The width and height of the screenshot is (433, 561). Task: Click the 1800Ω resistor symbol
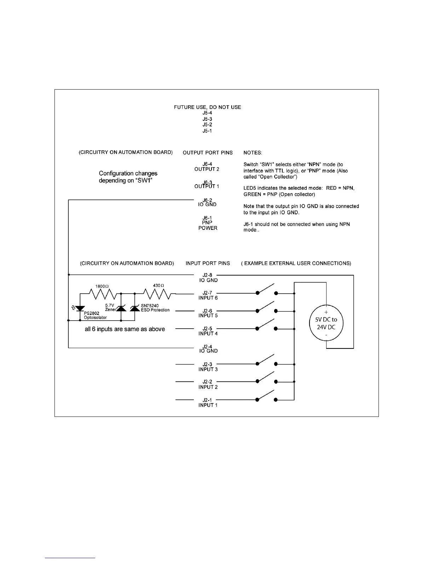click(x=103, y=294)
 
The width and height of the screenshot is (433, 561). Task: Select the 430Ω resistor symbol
click(x=157, y=294)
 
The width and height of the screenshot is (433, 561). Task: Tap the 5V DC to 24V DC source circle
click(x=326, y=323)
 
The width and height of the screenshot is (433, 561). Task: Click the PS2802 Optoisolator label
click(x=95, y=315)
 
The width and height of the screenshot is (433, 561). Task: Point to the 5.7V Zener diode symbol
click(x=121, y=308)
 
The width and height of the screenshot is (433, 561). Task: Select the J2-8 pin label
click(x=207, y=275)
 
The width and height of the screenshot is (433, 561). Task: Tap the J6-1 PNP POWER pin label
click(x=208, y=223)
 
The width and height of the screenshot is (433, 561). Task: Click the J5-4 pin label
click(x=207, y=113)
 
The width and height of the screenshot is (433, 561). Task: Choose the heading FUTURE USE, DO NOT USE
click(x=207, y=107)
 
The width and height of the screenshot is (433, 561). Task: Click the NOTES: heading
click(x=253, y=153)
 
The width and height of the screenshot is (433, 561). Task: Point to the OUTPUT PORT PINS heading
click(x=208, y=153)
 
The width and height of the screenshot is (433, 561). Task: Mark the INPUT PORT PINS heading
click(x=208, y=263)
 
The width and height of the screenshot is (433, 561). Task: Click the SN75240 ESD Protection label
click(x=155, y=308)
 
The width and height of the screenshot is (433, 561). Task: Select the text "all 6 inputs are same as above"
click(x=125, y=329)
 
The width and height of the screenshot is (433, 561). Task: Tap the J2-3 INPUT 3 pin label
click(x=208, y=367)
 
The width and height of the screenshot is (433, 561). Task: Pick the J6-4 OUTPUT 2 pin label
click(x=207, y=166)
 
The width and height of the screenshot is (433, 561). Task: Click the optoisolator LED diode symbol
click(x=80, y=309)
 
